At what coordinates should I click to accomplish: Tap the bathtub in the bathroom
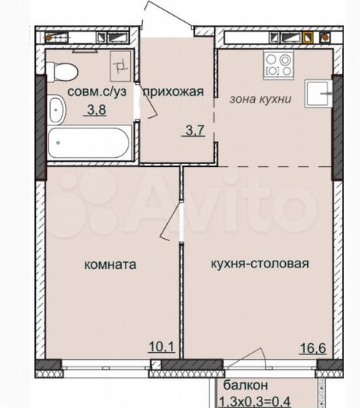pyautogui.click(x=90, y=143)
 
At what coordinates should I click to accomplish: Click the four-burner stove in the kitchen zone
pyautogui.click(x=274, y=66)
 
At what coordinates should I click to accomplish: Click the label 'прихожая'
pyautogui.click(x=174, y=92)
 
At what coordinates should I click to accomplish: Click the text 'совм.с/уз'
pyautogui.click(x=98, y=92)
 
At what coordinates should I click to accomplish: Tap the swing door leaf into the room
pyautogui.click(x=174, y=224)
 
